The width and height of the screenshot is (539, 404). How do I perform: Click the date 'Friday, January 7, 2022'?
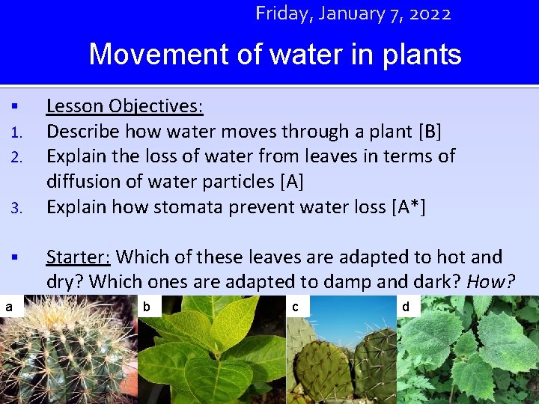coord(353,13)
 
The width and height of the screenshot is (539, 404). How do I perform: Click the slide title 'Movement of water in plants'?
coord(275,55)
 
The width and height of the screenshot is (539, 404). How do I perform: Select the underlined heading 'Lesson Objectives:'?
coord(124,106)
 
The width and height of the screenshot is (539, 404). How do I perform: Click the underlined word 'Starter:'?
coord(78,257)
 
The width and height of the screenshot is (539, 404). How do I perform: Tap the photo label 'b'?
coord(147,306)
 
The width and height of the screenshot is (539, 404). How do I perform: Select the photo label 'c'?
coord(296,306)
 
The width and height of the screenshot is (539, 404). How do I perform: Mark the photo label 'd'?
coord(406,306)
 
